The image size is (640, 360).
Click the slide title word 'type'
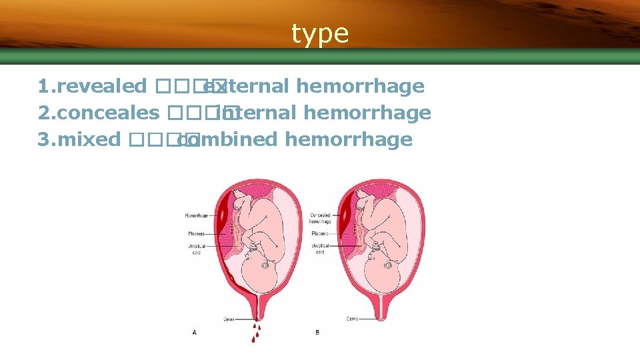(x=320, y=33)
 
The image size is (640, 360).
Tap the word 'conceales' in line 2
(x=109, y=113)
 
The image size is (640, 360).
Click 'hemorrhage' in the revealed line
(x=360, y=86)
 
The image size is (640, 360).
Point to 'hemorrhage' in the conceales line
(x=367, y=113)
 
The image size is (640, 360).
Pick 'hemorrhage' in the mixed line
(x=348, y=139)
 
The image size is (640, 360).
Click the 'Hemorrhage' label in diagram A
(x=196, y=216)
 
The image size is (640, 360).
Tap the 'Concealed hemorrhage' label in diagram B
(x=321, y=219)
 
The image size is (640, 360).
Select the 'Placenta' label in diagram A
(x=197, y=233)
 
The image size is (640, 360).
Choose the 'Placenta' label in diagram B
(x=321, y=234)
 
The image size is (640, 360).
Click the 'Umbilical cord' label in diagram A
(x=197, y=248)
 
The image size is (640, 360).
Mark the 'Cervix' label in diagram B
(x=353, y=319)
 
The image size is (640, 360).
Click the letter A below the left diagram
(x=194, y=331)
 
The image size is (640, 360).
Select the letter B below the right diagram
(x=317, y=331)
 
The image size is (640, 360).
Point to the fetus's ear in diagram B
(x=389, y=265)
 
